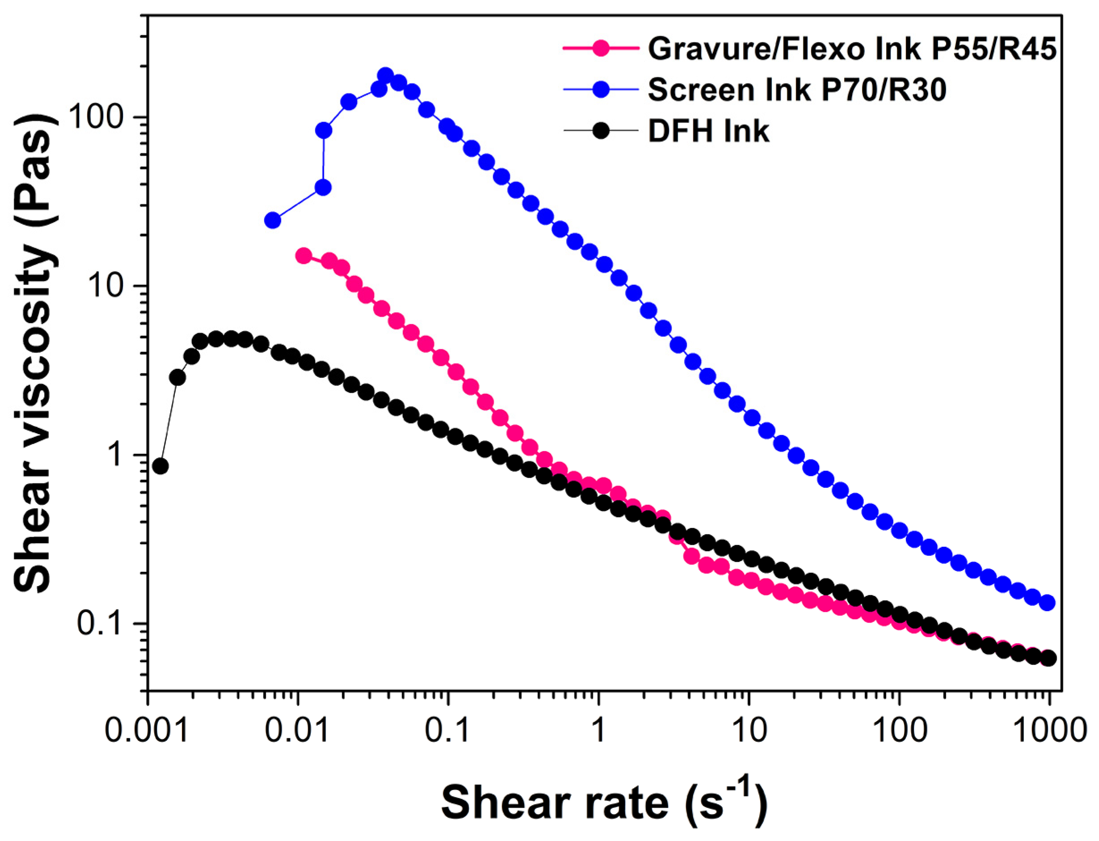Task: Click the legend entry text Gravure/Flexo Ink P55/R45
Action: [x=852, y=49]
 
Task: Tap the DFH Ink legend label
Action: [x=709, y=131]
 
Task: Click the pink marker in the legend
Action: [x=601, y=49]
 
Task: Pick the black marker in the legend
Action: [x=601, y=131]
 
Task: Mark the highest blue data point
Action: [x=385, y=76]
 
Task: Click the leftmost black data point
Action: [x=160, y=466]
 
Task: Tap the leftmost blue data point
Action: [x=272, y=220]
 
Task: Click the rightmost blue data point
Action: [x=1048, y=603]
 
